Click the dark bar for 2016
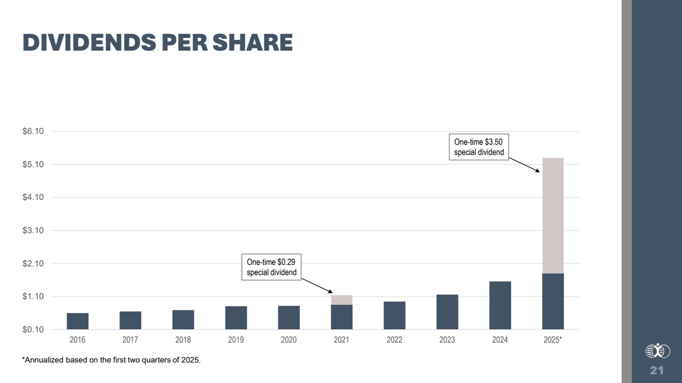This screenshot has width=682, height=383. click(x=77, y=321)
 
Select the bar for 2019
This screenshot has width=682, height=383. click(x=236, y=318)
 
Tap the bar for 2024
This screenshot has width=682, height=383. click(x=500, y=305)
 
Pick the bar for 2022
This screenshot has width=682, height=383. click(x=394, y=315)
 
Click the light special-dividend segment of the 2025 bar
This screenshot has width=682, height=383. click(x=553, y=215)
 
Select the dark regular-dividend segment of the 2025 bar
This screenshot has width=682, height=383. click(x=553, y=301)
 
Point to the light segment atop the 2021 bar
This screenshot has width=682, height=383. click(x=341, y=300)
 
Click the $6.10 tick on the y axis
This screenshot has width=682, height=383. click(x=33, y=131)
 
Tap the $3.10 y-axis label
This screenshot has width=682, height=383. click(x=33, y=231)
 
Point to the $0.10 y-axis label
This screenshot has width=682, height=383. click(x=33, y=329)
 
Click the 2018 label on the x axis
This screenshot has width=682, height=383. click(x=183, y=340)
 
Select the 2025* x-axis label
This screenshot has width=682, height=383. click(x=553, y=340)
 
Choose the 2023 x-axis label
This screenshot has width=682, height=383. click(x=447, y=340)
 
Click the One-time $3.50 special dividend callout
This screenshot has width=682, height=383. click(x=479, y=147)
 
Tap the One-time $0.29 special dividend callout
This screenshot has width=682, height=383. click(x=271, y=267)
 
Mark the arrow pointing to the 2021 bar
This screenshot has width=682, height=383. click(x=316, y=285)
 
